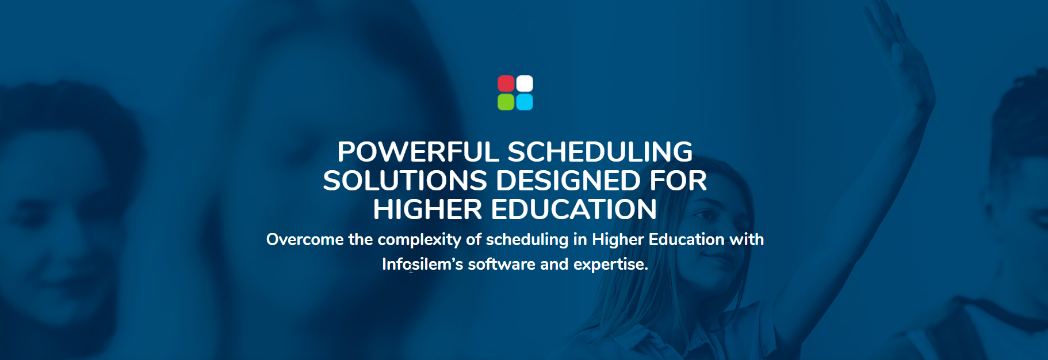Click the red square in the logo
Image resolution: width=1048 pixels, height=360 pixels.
(x=506, y=83)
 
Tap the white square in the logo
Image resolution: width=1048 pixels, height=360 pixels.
(x=525, y=83)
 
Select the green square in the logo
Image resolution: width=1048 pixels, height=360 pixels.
(x=506, y=102)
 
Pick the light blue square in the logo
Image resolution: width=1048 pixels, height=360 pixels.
(x=525, y=102)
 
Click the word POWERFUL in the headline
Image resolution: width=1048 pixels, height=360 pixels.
(x=418, y=152)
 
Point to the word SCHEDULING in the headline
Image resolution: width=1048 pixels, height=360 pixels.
(x=600, y=152)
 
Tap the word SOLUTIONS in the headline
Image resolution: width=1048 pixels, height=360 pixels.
(x=405, y=181)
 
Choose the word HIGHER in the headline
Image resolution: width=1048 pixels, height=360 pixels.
(x=427, y=210)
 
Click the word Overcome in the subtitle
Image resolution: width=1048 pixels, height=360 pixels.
(x=305, y=239)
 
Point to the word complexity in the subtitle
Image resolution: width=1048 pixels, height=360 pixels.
(x=419, y=240)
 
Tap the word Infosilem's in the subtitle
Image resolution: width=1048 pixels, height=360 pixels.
(x=423, y=264)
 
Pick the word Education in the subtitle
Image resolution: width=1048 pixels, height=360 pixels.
(x=686, y=239)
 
